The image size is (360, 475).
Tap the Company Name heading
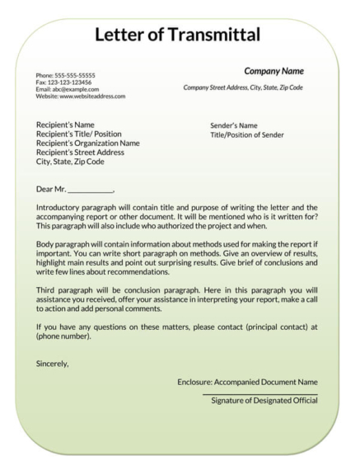tap(274, 71)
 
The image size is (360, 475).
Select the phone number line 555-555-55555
tap(65, 76)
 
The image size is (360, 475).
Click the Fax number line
tap(63, 82)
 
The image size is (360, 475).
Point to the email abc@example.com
tap(67, 89)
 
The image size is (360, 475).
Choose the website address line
tap(80, 96)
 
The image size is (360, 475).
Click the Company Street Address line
tap(243, 87)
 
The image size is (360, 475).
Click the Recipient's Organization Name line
tap(87, 143)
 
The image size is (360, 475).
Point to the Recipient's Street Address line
tap(80, 153)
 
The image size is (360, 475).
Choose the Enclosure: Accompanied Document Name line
tap(247, 383)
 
